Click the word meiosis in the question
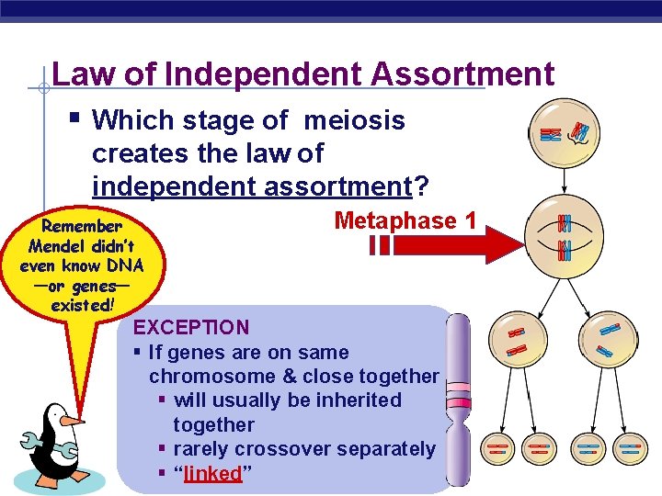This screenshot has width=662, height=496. (x=354, y=120)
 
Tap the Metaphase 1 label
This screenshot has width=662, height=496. (x=405, y=220)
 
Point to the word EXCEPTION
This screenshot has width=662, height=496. (x=191, y=327)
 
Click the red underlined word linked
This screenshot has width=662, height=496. (x=212, y=474)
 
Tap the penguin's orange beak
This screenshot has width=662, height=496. (x=72, y=421)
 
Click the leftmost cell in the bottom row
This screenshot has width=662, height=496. (x=497, y=448)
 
